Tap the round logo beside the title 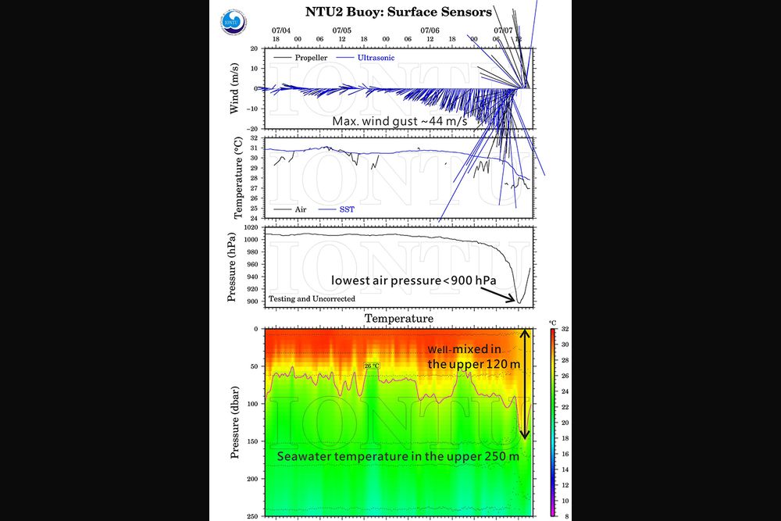234,22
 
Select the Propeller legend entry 311,58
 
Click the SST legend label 348,209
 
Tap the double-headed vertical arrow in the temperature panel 526,383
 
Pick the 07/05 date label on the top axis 341,30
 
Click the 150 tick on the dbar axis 251,442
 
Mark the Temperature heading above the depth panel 398,319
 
